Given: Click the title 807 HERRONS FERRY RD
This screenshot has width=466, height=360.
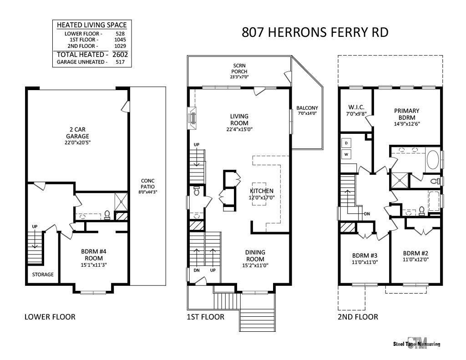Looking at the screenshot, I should [x=315, y=33].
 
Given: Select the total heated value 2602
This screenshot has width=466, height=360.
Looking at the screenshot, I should [x=120, y=54].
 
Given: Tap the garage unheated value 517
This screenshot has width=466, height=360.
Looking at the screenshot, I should [x=120, y=62].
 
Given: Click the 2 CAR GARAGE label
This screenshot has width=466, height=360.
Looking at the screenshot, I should [x=76, y=136].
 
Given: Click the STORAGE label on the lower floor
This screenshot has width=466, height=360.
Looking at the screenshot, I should [x=43, y=274].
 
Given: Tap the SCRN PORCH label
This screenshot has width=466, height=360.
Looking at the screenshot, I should [x=239, y=68].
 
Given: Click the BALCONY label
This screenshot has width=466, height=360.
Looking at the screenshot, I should [x=307, y=108].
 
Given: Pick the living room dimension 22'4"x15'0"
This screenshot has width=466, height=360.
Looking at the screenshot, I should [x=239, y=129].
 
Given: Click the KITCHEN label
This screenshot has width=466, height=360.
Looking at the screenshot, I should [x=262, y=191].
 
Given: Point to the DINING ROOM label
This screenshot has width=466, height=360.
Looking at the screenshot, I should [x=255, y=256].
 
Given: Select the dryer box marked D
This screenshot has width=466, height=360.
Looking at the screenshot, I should [x=346, y=143].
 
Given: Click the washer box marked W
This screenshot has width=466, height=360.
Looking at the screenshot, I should [x=346, y=155].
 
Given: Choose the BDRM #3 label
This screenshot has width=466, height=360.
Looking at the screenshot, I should [x=365, y=255].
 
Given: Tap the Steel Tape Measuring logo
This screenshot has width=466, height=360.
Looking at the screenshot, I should [x=416, y=343].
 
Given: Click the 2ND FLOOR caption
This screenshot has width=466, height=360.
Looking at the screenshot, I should [x=358, y=317].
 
